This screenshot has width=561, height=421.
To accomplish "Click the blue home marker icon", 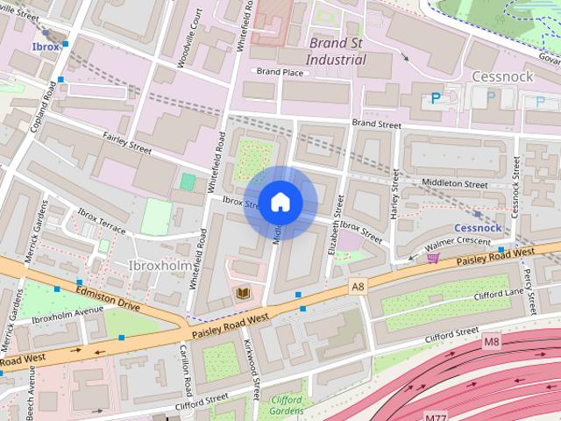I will [280, 203].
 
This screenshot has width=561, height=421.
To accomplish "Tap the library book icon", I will [243, 293].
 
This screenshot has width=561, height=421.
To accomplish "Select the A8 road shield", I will [357, 287].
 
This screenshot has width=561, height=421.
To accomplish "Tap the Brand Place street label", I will [278, 71].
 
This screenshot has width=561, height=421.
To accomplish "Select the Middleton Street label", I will [454, 185].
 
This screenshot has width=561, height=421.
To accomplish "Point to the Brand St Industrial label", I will [336, 51].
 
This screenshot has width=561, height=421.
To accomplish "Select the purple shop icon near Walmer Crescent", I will [431, 257].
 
